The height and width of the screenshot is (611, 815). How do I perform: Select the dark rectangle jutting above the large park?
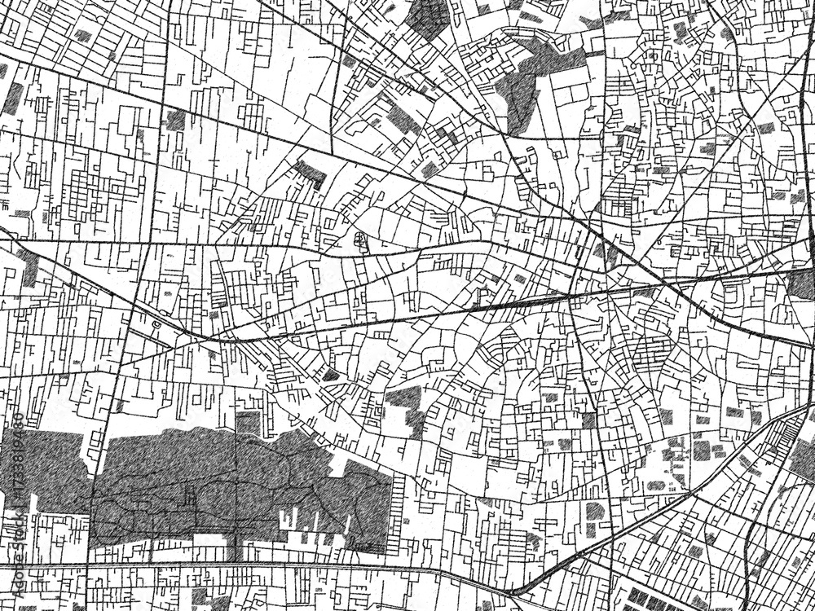pos(247,423)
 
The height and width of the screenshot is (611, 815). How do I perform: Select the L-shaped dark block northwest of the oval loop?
pos(310,172)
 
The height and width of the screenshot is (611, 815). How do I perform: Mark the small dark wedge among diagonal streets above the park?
pos(331,376)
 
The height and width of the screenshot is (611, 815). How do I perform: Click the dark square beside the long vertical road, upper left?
pos(175,120)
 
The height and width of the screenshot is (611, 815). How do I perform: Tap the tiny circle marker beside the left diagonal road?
pos(155,323)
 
